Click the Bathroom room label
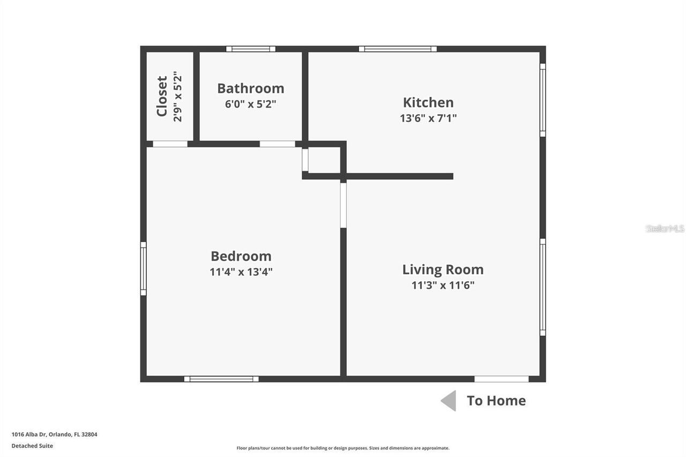pos(250,88)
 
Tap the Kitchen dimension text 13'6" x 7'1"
pos(428,118)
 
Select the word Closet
pos(162,96)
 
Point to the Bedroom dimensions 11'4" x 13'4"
pos(241,272)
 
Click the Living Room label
pos(443,269)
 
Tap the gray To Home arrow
pos(449,401)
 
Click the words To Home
pos(496,401)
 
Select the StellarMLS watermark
pos(665,228)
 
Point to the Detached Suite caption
pos(32,446)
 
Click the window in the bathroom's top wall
pos(251,49)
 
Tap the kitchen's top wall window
pos(398,49)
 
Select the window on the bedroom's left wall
pos(143,268)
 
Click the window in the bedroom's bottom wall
pos(221,379)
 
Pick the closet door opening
pos(170,144)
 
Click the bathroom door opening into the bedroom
pos(278,144)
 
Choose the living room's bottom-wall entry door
pos(502,379)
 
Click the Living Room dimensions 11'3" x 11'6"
pos(443,285)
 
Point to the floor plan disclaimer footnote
pos(343,448)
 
